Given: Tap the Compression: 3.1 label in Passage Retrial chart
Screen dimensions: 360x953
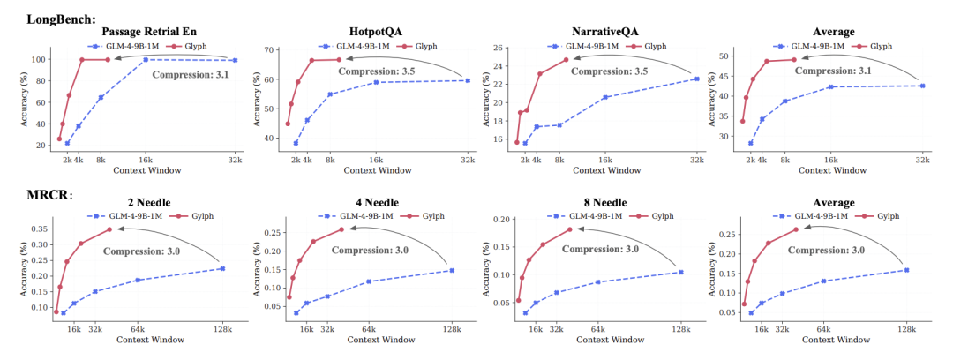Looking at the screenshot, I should coord(190,75).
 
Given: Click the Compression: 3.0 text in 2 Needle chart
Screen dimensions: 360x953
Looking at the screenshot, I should coord(142,251).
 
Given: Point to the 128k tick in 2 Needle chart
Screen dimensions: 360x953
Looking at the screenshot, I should coord(222,329).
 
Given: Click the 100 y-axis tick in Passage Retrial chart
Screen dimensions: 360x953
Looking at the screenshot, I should coord(39,59).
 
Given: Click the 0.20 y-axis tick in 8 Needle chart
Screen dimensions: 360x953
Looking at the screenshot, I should coord(501,220).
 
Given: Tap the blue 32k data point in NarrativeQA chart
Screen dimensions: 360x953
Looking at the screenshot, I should coord(696,79).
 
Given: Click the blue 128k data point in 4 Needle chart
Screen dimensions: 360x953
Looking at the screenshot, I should coord(452,270).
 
